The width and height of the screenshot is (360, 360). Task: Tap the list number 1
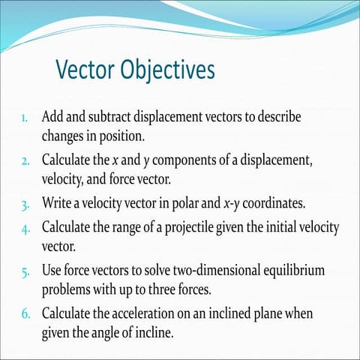25,118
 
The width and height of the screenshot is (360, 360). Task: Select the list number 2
25,161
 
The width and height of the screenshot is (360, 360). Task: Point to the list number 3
25,204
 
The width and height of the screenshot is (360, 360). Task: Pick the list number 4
25,226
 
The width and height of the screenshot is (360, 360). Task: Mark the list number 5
25,269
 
